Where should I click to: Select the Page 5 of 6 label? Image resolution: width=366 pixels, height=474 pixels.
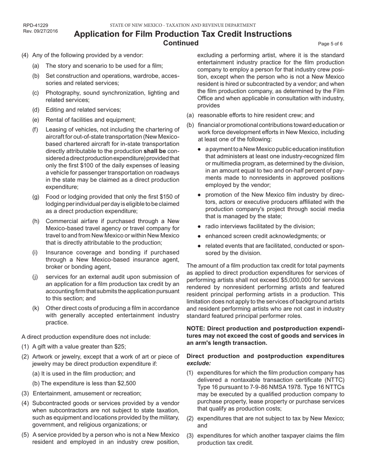point(330,44)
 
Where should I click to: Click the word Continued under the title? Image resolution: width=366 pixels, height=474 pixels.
point(181,43)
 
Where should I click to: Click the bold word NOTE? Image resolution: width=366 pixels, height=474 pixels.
point(197,328)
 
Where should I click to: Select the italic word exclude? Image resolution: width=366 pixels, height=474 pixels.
point(198,363)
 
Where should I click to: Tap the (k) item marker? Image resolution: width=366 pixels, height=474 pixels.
point(35,308)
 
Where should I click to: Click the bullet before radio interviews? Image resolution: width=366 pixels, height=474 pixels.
point(199,227)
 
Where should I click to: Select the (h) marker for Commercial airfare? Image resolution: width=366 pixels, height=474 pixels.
point(35,221)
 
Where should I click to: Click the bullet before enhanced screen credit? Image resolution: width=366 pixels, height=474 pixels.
point(199,236)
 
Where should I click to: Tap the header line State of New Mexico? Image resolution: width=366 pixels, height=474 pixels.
point(183,25)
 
